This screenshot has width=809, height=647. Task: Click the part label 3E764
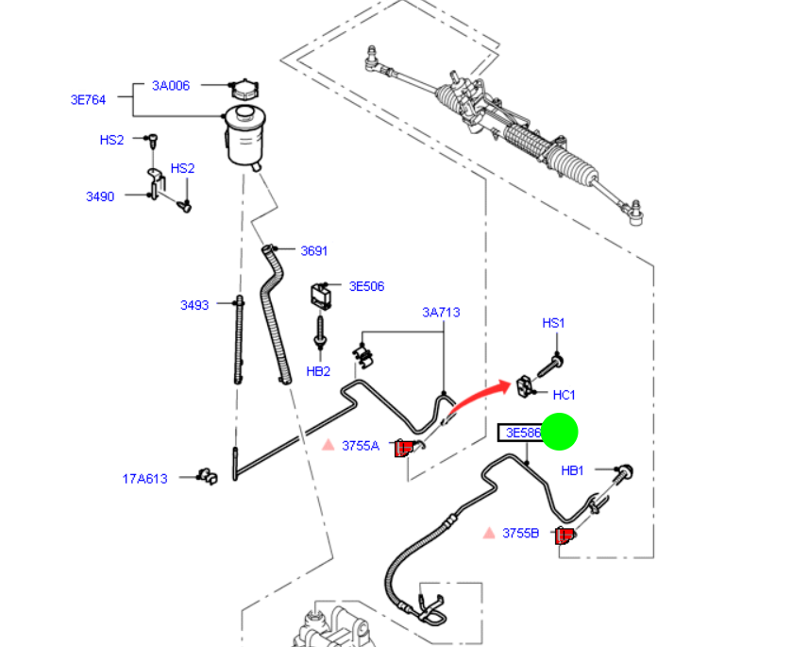(x=88, y=99)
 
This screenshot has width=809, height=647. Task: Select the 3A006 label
(x=171, y=86)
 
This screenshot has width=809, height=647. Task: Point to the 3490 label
(x=100, y=196)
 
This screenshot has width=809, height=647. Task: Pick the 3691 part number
(x=313, y=250)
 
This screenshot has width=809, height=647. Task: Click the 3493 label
(x=194, y=305)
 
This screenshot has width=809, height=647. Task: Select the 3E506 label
(x=366, y=286)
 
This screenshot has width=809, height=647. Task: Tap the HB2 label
(x=318, y=371)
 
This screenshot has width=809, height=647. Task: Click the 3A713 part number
(x=441, y=312)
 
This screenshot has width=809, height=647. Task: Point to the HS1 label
(x=553, y=323)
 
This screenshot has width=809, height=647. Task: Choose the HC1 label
(x=564, y=395)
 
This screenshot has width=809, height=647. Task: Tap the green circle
(x=559, y=432)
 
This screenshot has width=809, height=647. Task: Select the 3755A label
(x=361, y=446)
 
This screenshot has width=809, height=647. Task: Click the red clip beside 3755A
(x=404, y=448)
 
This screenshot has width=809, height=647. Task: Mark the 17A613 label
(x=144, y=478)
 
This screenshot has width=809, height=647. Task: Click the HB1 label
(x=573, y=470)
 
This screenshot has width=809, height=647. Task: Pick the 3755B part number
(x=520, y=534)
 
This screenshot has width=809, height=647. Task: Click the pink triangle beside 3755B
(x=489, y=534)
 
